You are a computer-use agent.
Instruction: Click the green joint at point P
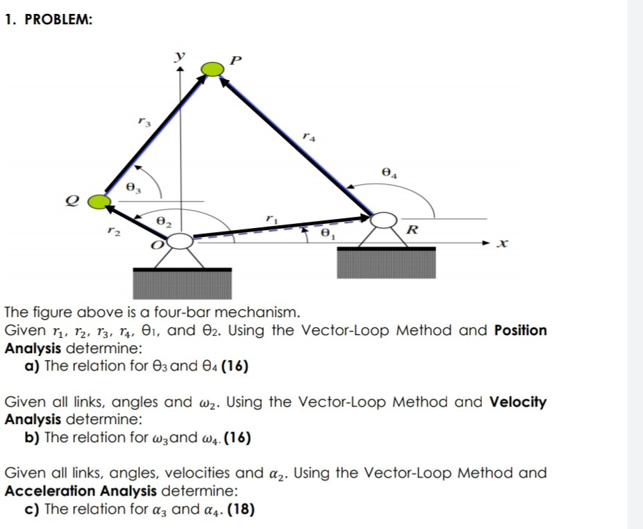coord(212,67)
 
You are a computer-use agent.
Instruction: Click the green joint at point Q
coord(99,202)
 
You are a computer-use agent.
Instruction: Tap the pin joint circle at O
coord(181,241)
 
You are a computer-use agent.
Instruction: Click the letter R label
coord(412,229)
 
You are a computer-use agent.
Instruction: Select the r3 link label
coord(142,122)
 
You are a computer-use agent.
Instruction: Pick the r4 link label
coord(310,138)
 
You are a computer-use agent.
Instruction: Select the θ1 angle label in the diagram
coord(324,235)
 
